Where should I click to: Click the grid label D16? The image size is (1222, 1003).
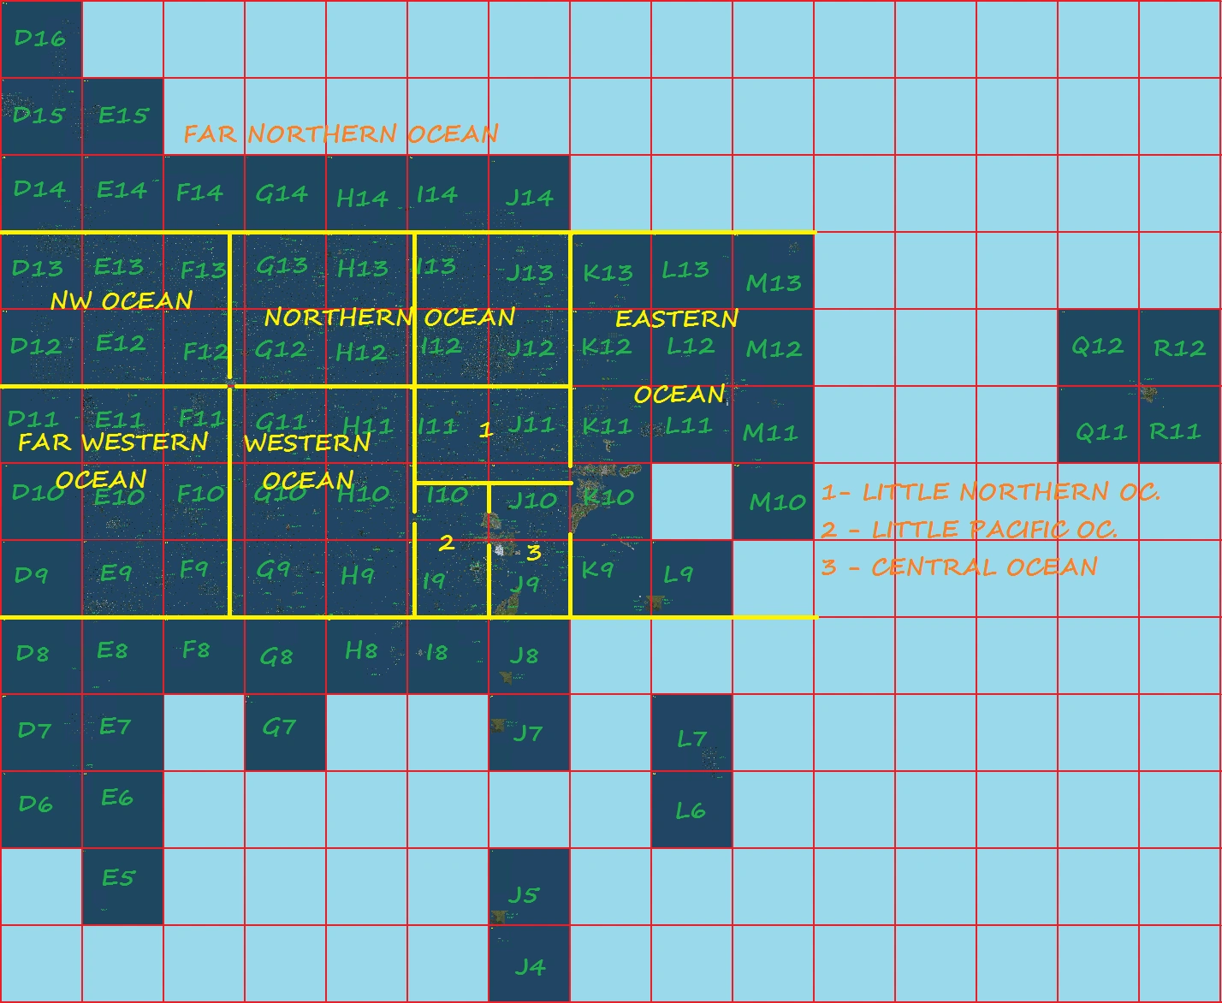pos(40,38)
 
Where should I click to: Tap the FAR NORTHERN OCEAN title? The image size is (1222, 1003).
pos(341,134)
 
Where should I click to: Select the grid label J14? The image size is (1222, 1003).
pos(529,197)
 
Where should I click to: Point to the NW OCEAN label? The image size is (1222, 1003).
pos(122,300)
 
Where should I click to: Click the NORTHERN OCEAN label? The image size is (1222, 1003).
pos(389,318)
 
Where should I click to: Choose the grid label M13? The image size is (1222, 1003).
pos(774,282)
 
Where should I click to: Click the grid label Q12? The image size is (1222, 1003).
pos(1097,347)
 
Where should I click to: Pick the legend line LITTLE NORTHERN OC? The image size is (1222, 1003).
pos(990,491)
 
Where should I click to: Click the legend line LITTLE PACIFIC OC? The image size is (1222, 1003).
pos(970,529)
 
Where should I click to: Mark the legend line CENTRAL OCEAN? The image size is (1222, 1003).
pos(959,567)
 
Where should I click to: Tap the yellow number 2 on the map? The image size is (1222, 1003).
pos(446,543)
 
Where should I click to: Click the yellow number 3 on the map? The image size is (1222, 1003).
pos(534,553)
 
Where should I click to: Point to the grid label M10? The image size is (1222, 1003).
pos(777,501)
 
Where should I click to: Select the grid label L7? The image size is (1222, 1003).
pos(691,738)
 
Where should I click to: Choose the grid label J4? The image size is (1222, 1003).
pos(530,967)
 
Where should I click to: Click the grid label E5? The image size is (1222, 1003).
pos(118,877)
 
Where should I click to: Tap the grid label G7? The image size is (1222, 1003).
pos(279,727)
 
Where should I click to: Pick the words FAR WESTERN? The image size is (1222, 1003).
pos(113,442)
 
